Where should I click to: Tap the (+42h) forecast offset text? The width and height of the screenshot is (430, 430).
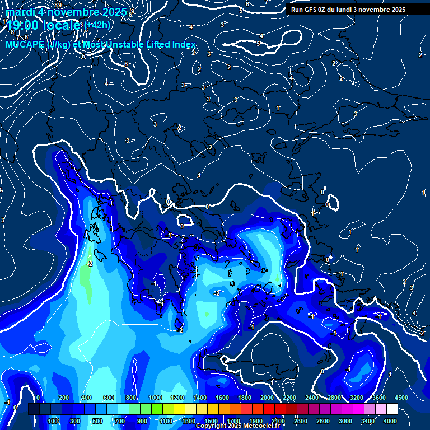click(98, 25)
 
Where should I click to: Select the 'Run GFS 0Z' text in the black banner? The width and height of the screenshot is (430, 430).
click(312, 10)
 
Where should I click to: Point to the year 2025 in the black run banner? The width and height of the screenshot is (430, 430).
click(398, 10)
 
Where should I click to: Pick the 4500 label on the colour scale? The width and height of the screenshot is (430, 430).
click(401, 398)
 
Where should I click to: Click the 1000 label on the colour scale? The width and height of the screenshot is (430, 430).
click(155, 398)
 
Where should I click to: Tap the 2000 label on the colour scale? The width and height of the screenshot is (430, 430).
click(267, 398)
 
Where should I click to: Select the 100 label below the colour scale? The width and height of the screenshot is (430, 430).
click(53, 421)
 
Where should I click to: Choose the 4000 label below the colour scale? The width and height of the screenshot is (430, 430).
click(390, 421)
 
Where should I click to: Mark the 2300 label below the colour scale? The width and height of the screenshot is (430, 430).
click(300, 421)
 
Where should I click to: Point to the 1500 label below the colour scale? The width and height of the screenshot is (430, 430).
click(211, 421)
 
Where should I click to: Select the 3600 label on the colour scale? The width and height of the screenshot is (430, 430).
click(378, 398)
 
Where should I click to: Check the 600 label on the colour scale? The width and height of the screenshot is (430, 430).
click(109, 398)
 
